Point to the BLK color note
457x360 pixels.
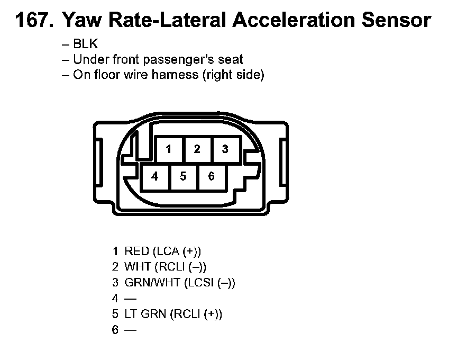coord(86,45)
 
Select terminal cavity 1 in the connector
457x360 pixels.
coord(169,149)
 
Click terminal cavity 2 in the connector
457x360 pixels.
coord(197,149)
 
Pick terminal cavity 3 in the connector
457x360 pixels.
coord(225,149)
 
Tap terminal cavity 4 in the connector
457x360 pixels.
coord(154,176)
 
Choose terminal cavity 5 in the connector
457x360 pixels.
coord(183,176)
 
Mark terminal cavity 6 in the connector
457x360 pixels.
coord(211,176)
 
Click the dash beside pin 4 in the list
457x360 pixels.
coord(130,299)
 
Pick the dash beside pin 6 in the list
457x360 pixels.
coord(130,330)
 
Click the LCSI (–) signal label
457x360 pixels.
coord(209,283)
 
